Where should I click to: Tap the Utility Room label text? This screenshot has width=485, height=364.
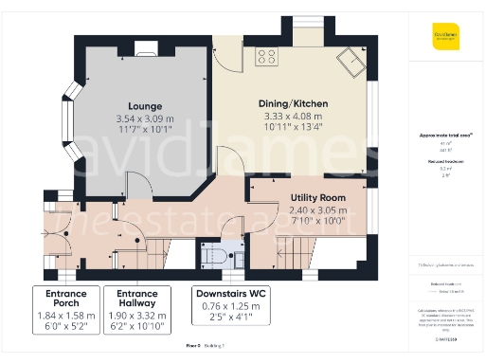[x=317, y=197]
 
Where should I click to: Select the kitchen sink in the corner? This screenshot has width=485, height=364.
[x=353, y=62]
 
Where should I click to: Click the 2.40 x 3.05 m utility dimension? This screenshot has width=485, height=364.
[x=317, y=209]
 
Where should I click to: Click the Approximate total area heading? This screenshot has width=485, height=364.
[x=444, y=135]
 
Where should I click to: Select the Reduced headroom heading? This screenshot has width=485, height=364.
[x=444, y=162]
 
